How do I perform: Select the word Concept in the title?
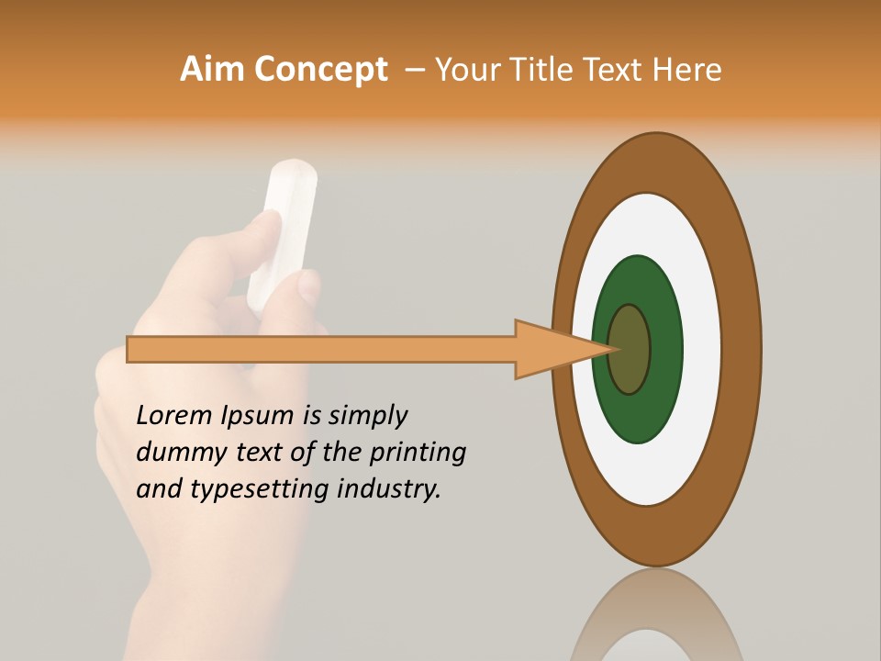320,70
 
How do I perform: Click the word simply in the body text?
367,417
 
